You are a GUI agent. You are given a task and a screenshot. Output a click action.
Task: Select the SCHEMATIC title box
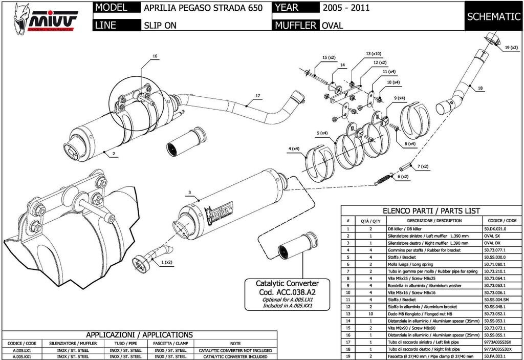coord(493,16)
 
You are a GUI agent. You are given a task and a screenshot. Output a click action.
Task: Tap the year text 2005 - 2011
coord(345,8)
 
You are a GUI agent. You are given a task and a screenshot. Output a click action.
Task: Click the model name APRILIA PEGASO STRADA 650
coord(203,8)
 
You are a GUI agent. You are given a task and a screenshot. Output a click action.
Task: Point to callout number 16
coord(155,56)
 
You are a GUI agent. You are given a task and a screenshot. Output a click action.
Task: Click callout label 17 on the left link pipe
coord(258,96)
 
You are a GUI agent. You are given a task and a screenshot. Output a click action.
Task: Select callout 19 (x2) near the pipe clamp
coord(511,48)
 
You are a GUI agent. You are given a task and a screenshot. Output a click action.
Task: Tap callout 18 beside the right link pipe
coord(480,88)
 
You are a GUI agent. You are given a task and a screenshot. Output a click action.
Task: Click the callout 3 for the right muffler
coord(189,193)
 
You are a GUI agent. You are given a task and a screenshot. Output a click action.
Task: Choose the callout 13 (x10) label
coord(373,54)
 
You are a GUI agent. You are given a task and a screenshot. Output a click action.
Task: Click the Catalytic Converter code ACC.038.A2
coord(287,293)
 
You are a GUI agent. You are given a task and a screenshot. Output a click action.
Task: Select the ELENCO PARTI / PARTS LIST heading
coord(431,211)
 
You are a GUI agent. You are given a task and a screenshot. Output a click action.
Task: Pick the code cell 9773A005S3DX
coord(497,348)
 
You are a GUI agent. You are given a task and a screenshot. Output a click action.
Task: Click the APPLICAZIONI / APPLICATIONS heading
coord(139,334)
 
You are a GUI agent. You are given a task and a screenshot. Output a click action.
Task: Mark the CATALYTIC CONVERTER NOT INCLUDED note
coord(235,350)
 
